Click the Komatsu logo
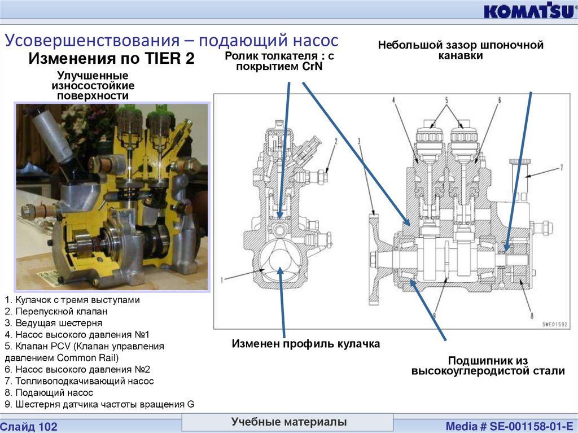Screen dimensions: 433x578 pyautogui.click(x=528, y=11)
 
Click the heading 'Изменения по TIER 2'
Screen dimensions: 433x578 pyautogui.click(x=111, y=58)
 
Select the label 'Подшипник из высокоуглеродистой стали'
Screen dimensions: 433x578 pyautogui.click(x=488, y=366)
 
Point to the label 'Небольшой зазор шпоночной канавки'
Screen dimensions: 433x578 pyautogui.click(x=461, y=50)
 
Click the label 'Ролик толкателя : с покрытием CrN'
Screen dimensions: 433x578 pyautogui.click(x=279, y=60)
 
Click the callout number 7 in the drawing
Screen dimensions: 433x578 pyautogui.click(x=562, y=167)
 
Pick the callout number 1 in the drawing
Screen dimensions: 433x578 pyautogui.click(x=222, y=279)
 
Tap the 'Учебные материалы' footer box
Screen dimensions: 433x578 pyautogui.click(x=288, y=422)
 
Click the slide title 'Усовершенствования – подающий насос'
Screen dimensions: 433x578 pyautogui.click(x=172, y=41)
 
